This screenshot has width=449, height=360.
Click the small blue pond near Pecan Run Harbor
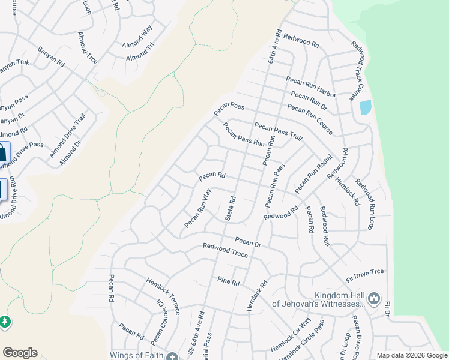point(364,107)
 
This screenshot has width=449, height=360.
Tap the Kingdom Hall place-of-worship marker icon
point(374,298)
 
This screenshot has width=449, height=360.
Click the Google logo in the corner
point(20,353)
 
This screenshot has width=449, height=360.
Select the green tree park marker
point(5,322)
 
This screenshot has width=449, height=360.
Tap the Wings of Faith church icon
point(172,356)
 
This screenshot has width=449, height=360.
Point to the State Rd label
point(231,208)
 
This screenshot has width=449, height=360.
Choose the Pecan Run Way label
point(198,208)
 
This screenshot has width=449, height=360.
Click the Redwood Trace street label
point(225,250)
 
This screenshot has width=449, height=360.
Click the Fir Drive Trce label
point(364,276)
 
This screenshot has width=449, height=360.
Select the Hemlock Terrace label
point(163,296)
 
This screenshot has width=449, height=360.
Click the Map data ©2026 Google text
point(411,355)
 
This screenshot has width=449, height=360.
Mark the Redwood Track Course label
point(358,70)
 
